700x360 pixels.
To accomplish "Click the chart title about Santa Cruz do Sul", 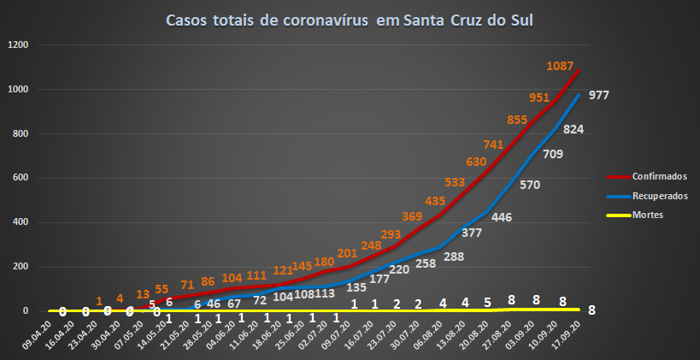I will [x=350, y=20].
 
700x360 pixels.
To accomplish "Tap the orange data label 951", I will [x=539, y=97].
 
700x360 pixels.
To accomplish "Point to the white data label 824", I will [x=574, y=128].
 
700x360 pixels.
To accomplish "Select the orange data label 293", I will [x=367, y=233].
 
